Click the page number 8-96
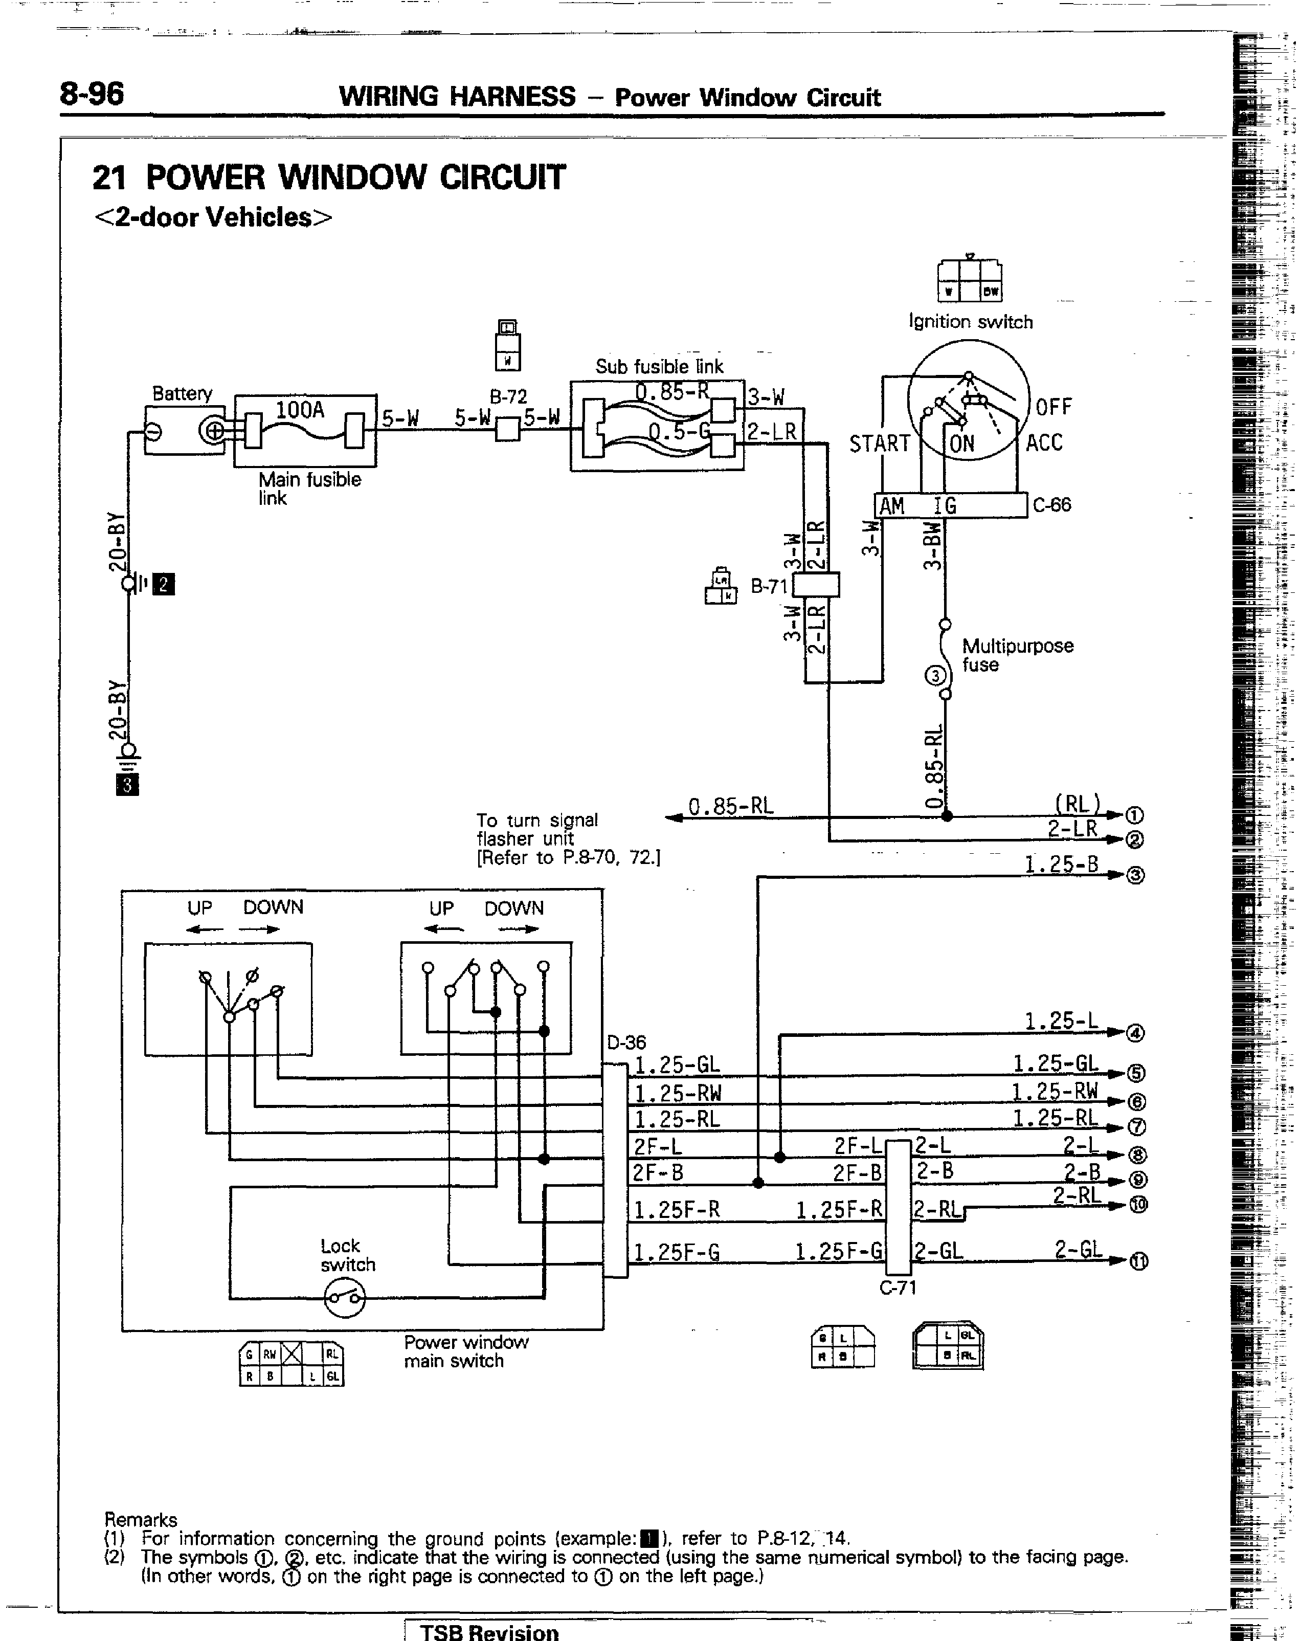[x=92, y=95]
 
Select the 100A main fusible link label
[x=300, y=411]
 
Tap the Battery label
[x=182, y=393]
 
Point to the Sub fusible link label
[x=659, y=367]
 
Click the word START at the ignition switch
[x=879, y=443]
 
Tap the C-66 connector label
[x=1052, y=505]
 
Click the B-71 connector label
[x=769, y=586]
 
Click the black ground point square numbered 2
[x=164, y=585]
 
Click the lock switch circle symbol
[x=345, y=1298]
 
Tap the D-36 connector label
[x=626, y=1042]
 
